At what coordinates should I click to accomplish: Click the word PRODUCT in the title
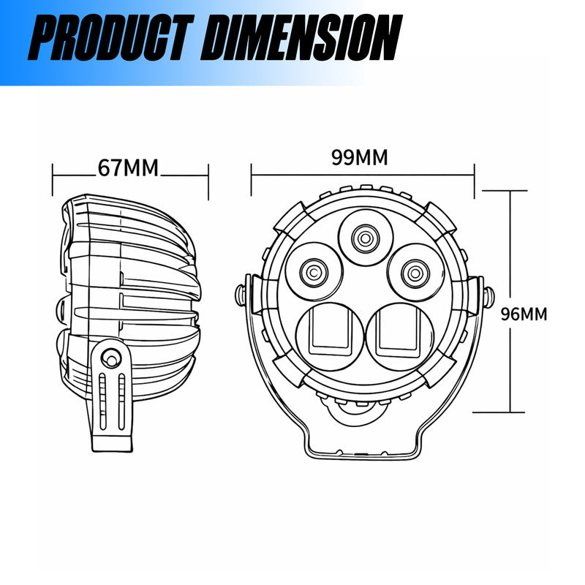pyautogui.click(x=111, y=37)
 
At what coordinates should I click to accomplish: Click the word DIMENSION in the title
pyautogui.click(x=301, y=37)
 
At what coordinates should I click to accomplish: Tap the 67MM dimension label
pyautogui.click(x=128, y=168)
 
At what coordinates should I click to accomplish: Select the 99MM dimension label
pyautogui.click(x=360, y=157)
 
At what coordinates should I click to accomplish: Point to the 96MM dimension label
pyautogui.click(x=524, y=314)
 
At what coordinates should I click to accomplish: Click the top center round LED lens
pyautogui.click(x=365, y=238)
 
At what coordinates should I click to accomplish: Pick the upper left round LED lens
pyautogui.click(x=314, y=271)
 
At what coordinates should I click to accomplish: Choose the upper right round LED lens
pyautogui.click(x=415, y=273)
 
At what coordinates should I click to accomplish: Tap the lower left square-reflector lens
pyautogui.click(x=330, y=336)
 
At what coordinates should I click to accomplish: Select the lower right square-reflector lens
pyautogui.click(x=400, y=336)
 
